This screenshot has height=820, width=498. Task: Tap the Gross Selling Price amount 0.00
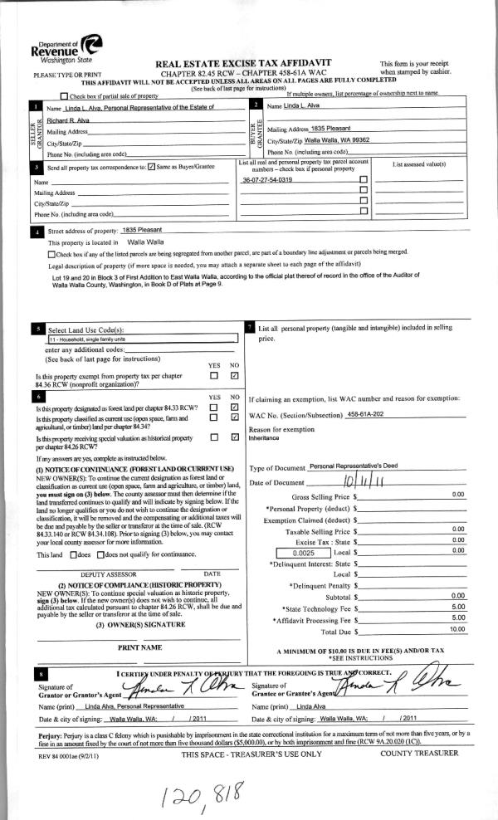click(457, 495)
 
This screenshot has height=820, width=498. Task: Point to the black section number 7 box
click(251, 329)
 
